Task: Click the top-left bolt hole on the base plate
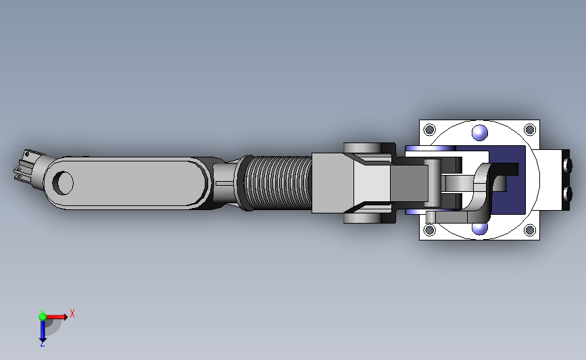point(429,130)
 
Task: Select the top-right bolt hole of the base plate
point(530,130)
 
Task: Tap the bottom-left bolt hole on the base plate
point(429,230)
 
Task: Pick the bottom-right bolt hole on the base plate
point(530,230)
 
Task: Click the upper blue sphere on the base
point(480,132)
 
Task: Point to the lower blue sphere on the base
point(480,228)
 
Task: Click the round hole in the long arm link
point(63,183)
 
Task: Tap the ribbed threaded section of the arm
point(278,183)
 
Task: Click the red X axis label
point(72,313)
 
